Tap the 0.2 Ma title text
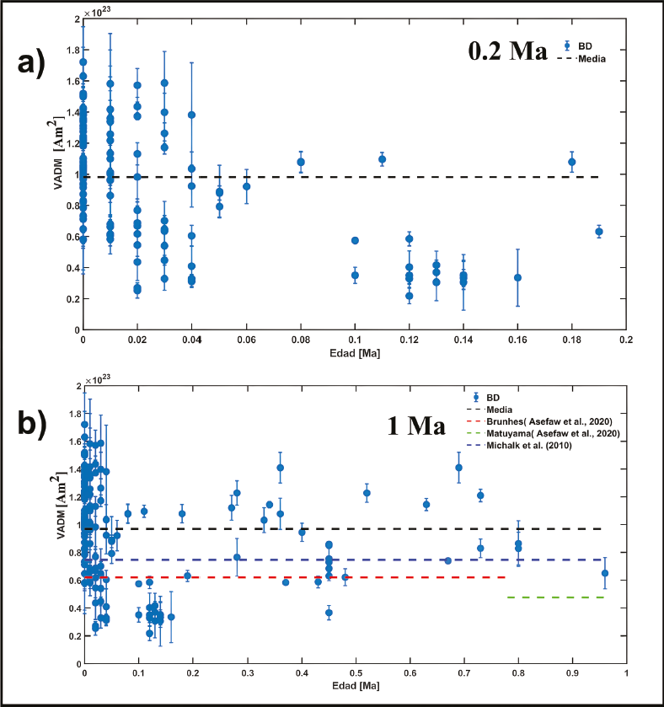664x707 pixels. [x=508, y=50]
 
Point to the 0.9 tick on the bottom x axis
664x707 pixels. [x=572, y=675]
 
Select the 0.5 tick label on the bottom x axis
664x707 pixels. [x=355, y=675]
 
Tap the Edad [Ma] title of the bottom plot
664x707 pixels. [x=354, y=689]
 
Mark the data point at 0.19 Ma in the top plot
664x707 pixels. [x=599, y=232]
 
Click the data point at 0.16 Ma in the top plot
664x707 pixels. [x=517, y=277]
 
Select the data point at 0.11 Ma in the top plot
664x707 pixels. [x=382, y=159]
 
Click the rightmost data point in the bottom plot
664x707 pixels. [x=604, y=573]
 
